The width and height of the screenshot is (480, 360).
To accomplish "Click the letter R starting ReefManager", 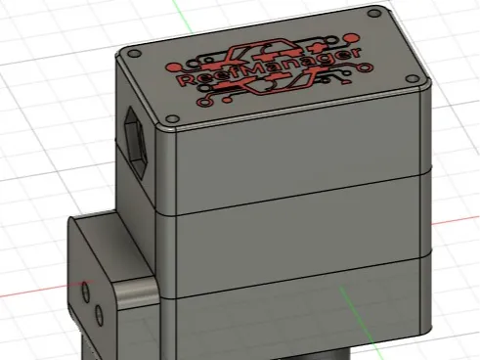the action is click(x=185, y=79).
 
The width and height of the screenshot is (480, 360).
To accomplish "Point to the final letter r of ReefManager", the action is click(x=356, y=53).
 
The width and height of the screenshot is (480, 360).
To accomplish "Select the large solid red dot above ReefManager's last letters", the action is click(x=351, y=39).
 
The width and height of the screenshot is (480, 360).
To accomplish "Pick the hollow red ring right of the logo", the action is click(x=365, y=68).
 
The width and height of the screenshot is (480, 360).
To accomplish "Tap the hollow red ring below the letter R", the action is click(x=204, y=103).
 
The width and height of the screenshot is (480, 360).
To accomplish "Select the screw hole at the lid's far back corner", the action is click(x=374, y=14).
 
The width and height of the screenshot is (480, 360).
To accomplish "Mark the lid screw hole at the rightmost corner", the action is click(x=413, y=79).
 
